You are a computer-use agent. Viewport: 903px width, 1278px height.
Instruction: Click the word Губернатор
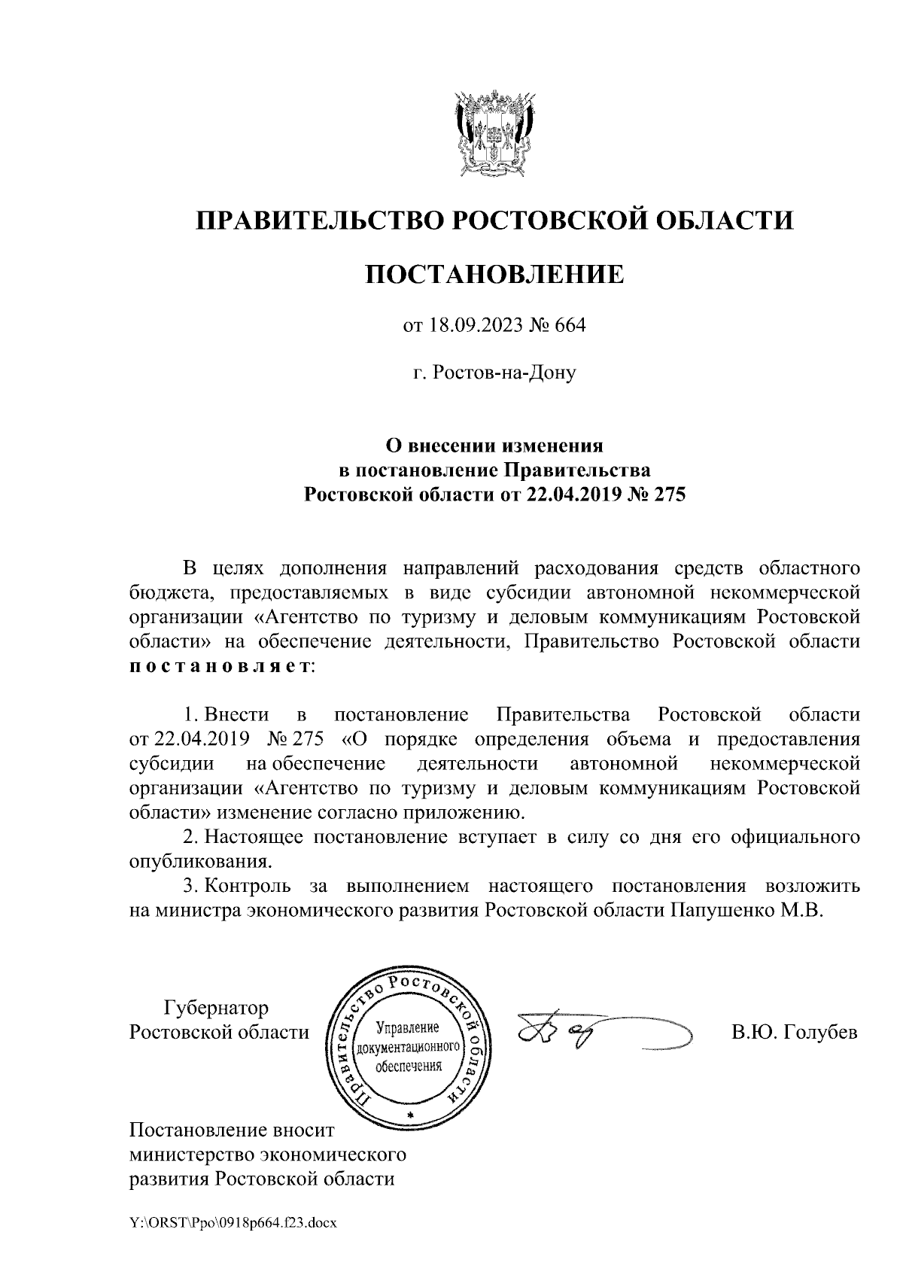(x=216, y=1007)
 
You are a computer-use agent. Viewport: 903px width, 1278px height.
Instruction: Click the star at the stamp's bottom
(x=409, y=1114)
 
